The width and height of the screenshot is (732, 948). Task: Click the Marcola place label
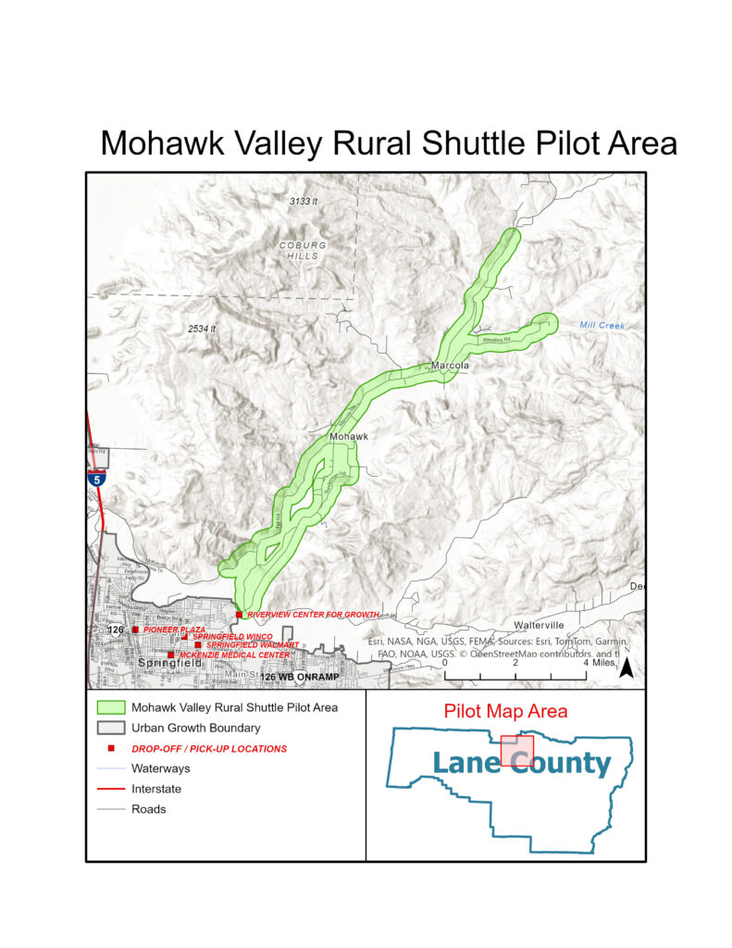pyautogui.click(x=451, y=366)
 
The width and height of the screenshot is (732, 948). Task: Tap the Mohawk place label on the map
pyautogui.click(x=349, y=436)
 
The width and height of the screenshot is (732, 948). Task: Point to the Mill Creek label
pyautogui.click(x=602, y=326)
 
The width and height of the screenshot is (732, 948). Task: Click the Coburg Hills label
pyautogui.click(x=303, y=251)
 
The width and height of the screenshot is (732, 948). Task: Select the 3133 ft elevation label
pyautogui.click(x=303, y=201)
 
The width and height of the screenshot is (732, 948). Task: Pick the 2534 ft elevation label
pyautogui.click(x=201, y=329)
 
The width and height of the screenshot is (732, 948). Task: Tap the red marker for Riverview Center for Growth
pyautogui.click(x=239, y=615)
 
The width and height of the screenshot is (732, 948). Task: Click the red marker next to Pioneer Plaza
pyautogui.click(x=135, y=630)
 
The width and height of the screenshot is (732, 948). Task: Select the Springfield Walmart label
pyautogui.click(x=252, y=645)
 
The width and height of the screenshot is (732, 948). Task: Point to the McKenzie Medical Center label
pyautogui.click(x=233, y=655)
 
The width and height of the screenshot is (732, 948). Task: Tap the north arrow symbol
pyautogui.click(x=626, y=668)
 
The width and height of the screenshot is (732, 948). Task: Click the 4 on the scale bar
pyautogui.click(x=585, y=663)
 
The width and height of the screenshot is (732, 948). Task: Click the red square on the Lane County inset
pyautogui.click(x=517, y=754)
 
